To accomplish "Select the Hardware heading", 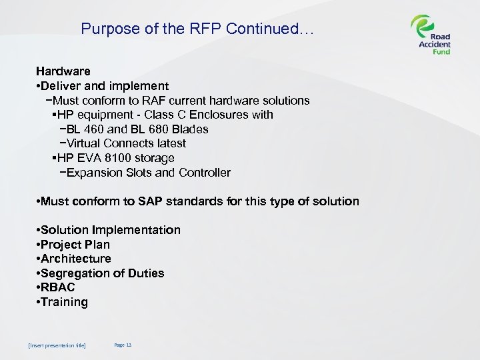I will tap(63, 71).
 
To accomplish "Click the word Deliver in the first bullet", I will tap(63, 86).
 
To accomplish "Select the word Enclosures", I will tap(213, 115).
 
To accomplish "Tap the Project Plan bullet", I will tap(75, 245).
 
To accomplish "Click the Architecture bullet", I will tap(76, 259).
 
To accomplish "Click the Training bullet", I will tap(64, 302).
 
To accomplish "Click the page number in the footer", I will tap(123, 345).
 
